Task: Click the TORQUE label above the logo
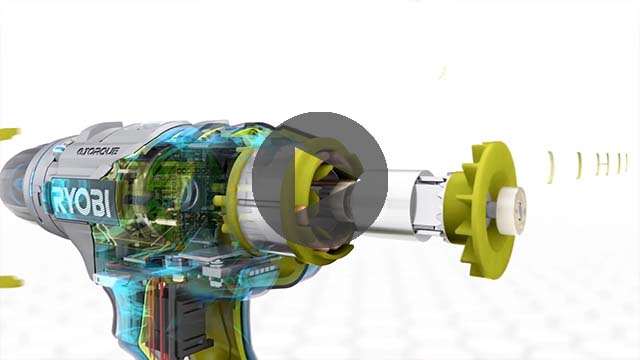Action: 98,153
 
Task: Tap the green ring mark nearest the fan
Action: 549,167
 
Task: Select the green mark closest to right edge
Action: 624,162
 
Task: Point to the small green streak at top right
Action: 441,72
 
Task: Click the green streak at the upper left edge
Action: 8,133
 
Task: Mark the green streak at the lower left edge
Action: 9,282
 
